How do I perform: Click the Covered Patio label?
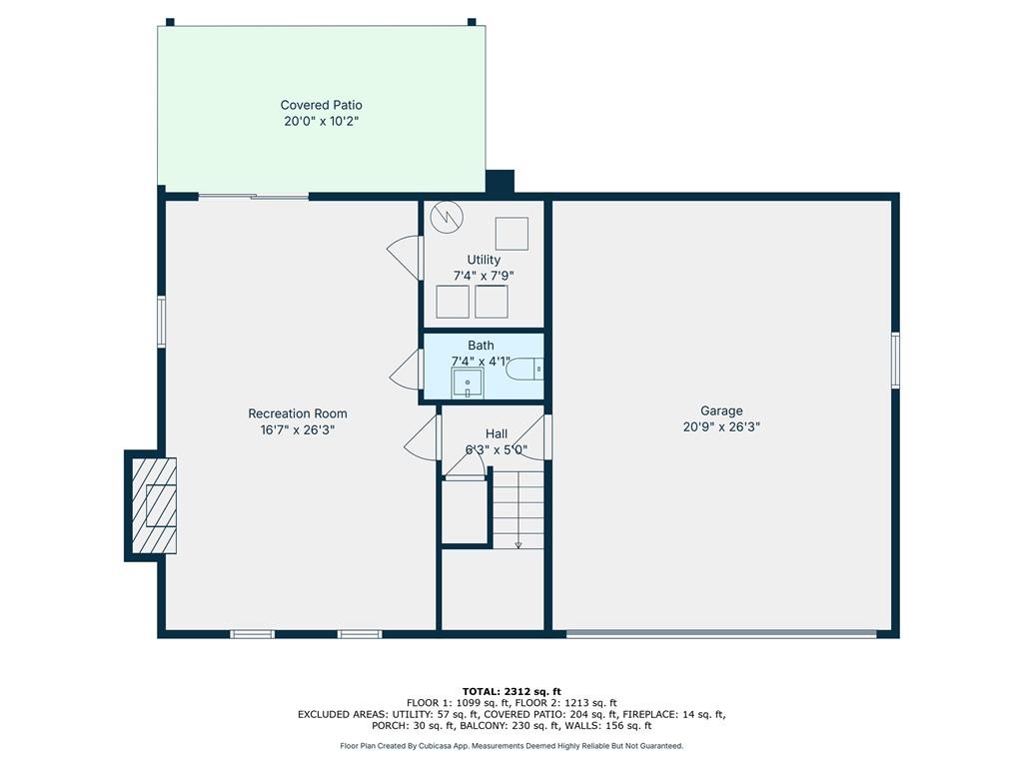(x=321, y=105)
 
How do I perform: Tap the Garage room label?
(x=720, y=410)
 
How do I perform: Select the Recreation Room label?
(x=298, y=413)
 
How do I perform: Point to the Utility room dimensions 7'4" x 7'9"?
(x=484, y=276)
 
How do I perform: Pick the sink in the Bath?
(x=467, y=383)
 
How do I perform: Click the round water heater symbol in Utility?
(x=448, y=217)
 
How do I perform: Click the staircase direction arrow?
(x=518, y=544)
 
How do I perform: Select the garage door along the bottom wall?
(x=721, y=633)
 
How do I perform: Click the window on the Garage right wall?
(x=895, y=360)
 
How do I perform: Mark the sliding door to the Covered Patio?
(x=253, y=197)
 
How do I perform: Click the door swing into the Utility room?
(x=406, y=257)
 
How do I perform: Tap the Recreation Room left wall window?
(x=161, y=322)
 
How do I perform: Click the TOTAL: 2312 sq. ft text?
(x=511, y=691)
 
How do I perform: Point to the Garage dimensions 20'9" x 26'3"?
(x=720, y=426)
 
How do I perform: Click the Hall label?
(x=497, y=433)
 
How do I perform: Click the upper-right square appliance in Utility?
(x=511, y=233)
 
